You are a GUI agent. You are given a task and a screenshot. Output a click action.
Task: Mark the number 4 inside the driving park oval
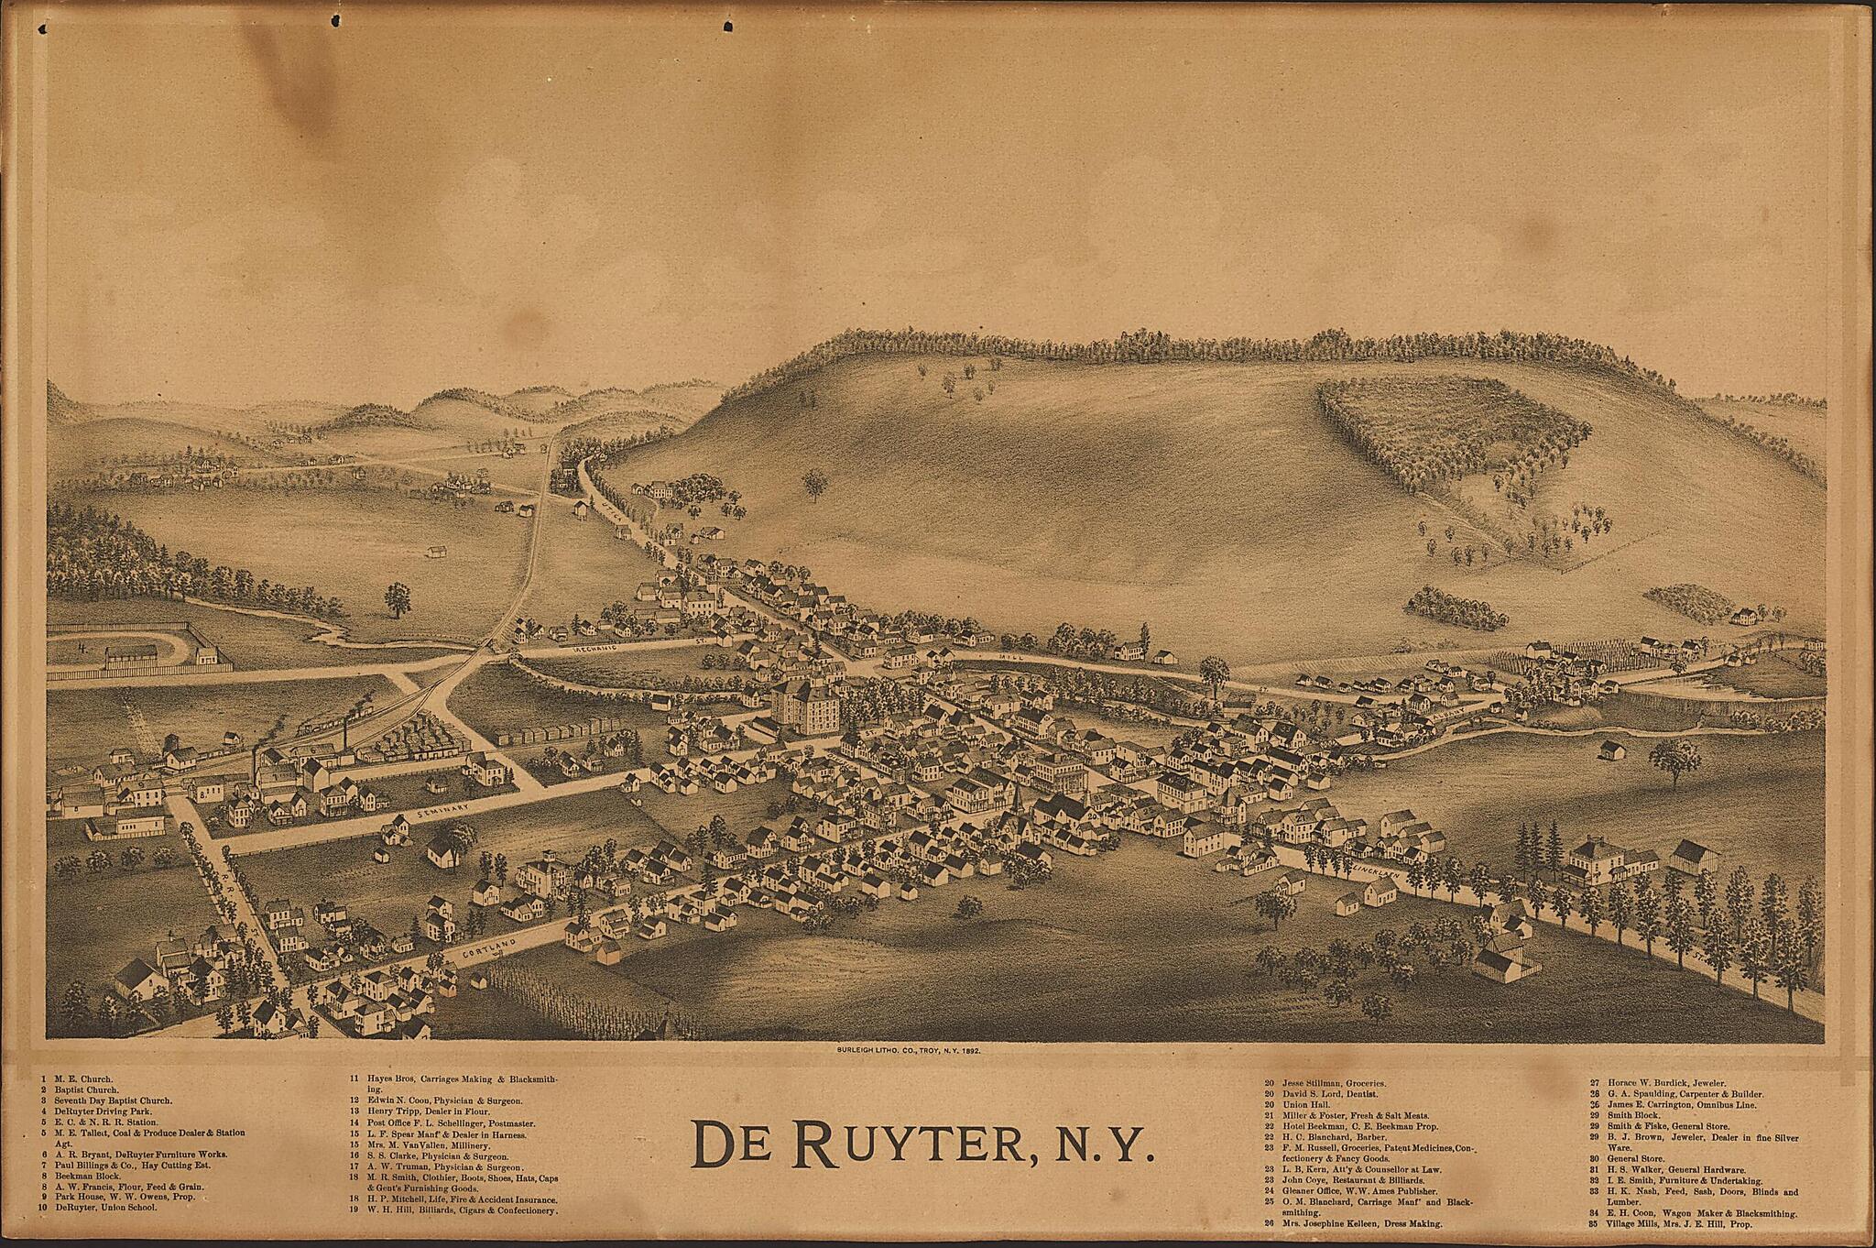[81, 646]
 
